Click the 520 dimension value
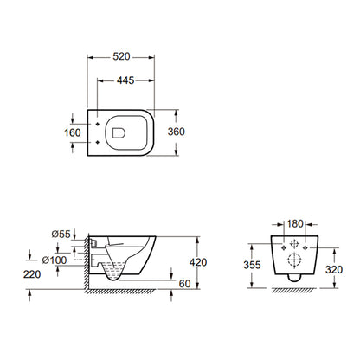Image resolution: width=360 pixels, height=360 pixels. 121,56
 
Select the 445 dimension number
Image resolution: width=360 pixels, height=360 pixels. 125,80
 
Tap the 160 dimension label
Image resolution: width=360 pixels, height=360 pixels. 73,132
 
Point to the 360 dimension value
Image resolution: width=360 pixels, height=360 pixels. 177,132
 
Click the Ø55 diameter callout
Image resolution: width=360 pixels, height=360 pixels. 61,234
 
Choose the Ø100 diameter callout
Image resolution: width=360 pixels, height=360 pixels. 55,260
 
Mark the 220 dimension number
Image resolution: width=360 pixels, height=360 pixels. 32,274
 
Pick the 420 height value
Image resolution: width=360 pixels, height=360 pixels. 198,262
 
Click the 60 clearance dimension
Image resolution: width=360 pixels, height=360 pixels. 184,284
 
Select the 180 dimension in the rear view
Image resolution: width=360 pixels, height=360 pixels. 295,223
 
